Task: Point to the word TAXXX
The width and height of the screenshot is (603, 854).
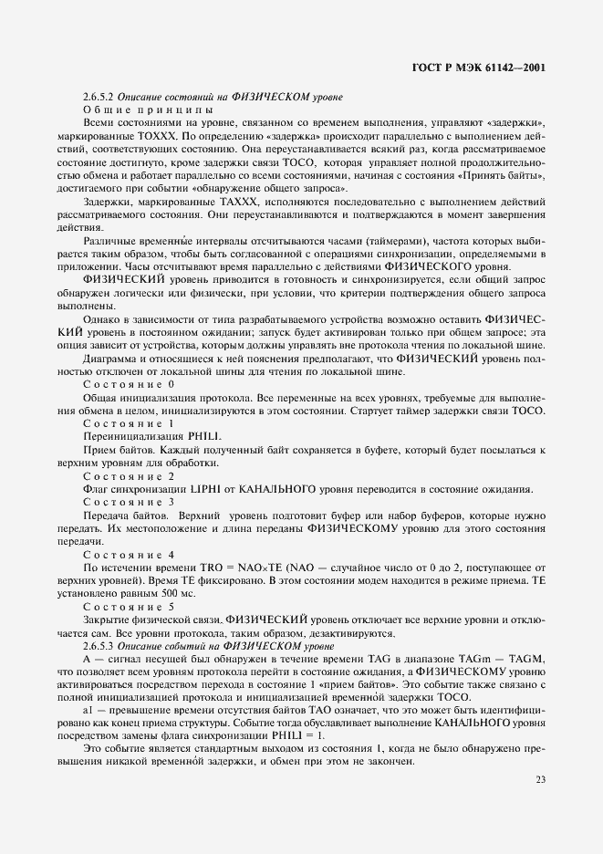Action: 235,200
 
